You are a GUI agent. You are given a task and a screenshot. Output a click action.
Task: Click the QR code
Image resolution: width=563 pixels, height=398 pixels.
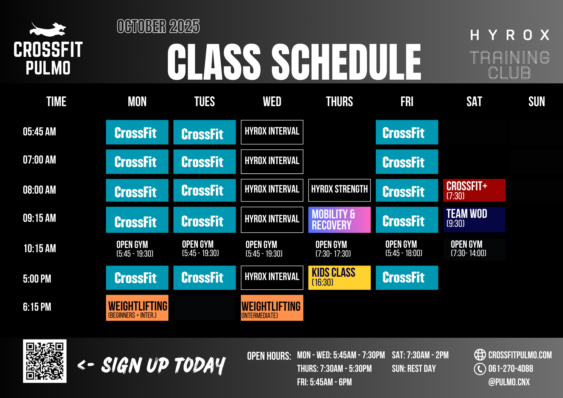click(45, 361)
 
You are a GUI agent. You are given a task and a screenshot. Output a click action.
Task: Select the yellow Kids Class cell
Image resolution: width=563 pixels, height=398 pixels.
click(339, 278)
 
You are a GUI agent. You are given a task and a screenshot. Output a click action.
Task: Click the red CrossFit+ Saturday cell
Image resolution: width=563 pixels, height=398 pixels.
click(474, 190)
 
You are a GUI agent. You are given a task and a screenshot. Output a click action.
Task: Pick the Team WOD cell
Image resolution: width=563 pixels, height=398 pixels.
click(474, 220)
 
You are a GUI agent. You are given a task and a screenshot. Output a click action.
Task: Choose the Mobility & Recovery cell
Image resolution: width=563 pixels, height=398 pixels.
click(339, 220)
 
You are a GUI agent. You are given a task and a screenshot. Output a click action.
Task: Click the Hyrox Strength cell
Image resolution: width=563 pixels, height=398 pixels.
click(339, 190)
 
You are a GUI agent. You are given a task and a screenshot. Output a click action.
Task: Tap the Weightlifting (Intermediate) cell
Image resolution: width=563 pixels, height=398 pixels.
click(272, 308)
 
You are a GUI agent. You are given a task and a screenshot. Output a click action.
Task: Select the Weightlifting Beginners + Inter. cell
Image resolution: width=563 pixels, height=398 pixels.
click(137, 308)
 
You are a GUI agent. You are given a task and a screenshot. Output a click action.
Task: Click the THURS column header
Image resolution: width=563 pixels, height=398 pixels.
click(339, 102)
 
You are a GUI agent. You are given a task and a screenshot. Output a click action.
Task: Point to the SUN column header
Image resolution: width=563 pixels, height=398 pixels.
click(537, 102)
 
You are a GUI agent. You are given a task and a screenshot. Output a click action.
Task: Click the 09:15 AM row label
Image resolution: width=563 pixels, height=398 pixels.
click(39, 218)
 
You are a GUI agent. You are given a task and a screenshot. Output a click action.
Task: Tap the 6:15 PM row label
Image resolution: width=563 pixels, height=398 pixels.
click(37, 307)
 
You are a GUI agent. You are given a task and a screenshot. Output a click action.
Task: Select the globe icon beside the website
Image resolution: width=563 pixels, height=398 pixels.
click(480, 355)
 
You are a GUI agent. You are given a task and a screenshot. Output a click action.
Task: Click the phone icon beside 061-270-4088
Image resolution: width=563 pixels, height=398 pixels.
click(480, 369)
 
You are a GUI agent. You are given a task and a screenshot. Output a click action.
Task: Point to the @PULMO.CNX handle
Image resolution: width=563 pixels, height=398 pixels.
click(509, 382)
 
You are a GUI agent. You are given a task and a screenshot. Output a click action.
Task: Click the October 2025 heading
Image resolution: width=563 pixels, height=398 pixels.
click(158, 26)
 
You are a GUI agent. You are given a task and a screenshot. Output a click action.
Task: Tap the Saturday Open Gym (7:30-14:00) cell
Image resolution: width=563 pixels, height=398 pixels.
click(474, 249)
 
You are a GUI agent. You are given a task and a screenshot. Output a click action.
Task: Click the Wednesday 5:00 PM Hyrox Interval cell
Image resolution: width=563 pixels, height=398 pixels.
click(272, 278)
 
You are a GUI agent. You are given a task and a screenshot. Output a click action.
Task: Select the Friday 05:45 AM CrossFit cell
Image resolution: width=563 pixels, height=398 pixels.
click(407, 132)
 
